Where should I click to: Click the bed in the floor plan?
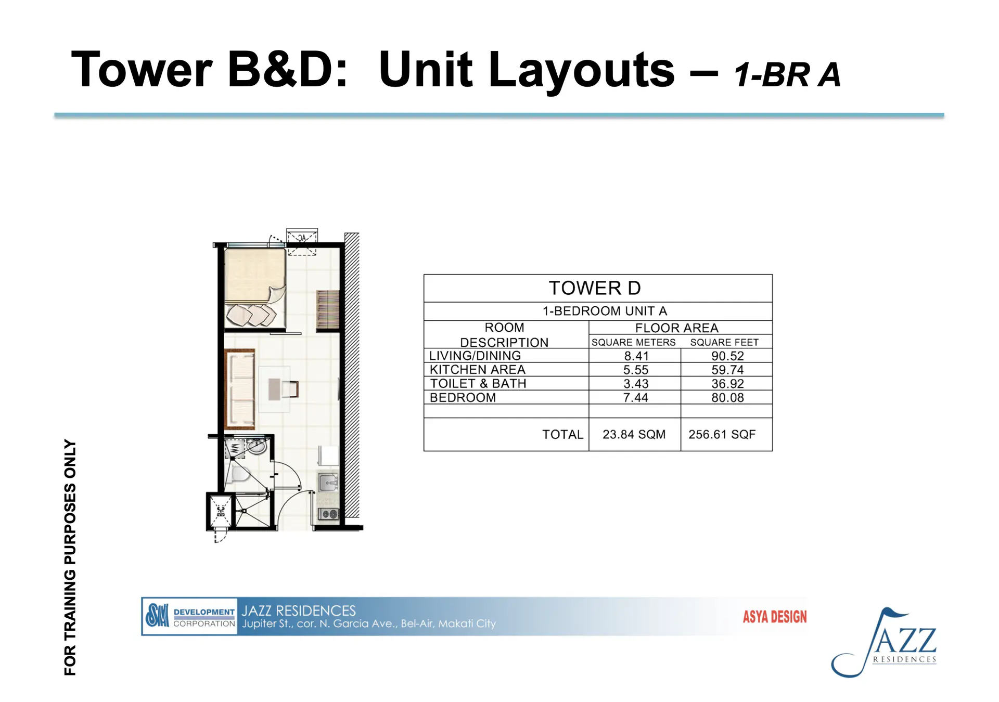pos(255,288)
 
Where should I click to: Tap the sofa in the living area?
pos(240,389)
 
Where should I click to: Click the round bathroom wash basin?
pos(257,446)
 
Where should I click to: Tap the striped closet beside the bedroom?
pos(328,310)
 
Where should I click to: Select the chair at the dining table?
pos(290,389)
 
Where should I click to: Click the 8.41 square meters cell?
pos(636,356)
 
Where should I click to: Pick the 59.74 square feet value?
pos(727,370)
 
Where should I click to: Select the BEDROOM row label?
pos(463,398)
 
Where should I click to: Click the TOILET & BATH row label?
pos(478,384)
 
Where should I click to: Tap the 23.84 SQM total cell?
pos(634,435)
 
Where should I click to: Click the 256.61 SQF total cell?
pos(722,435)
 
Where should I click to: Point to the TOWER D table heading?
pos(595,288)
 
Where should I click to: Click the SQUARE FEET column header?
pos(724,343)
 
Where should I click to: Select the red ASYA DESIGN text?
pos(775,617)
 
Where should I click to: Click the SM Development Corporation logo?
pos(189,616)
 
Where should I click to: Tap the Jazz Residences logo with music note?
pos(884,643)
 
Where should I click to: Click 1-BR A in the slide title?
pos(787,75)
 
